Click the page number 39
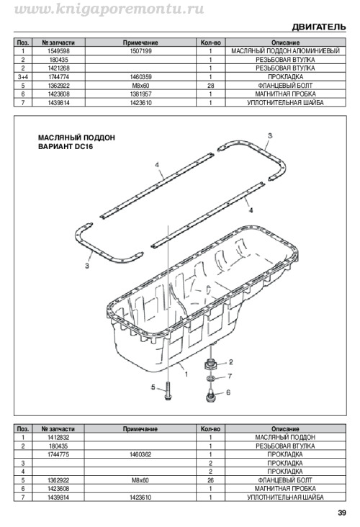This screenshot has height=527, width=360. (x=342, y=513)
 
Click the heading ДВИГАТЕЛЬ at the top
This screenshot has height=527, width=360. (x=319, y=27)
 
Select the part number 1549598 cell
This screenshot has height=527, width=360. (x=58, y=51)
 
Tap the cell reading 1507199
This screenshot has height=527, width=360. (x=140, y=51)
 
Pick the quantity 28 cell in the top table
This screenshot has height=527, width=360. (x=210, y=86)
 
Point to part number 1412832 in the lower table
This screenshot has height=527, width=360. (x=58, y=437)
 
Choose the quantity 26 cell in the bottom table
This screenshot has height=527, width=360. (x=210, y=480)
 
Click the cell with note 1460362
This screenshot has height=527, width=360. (x=140, y=454)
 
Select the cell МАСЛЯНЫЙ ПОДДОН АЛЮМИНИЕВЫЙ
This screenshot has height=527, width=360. (x=285, y=51)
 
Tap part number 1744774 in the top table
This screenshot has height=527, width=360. (x=58, y=77)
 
